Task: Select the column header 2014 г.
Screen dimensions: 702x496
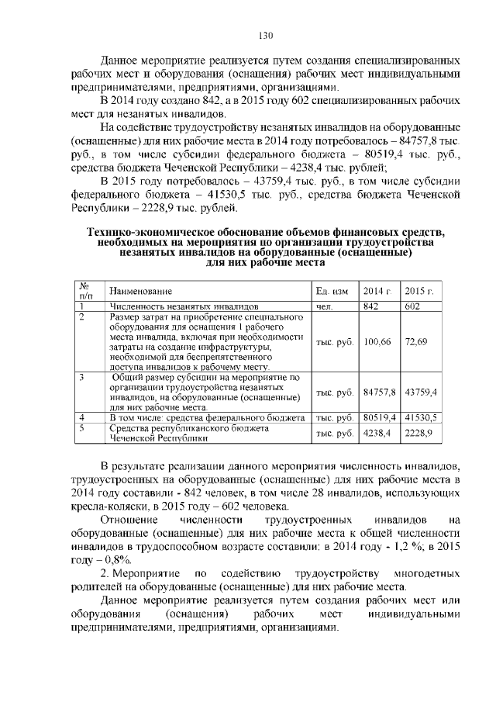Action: [378, 291]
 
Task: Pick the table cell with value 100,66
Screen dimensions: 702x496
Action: [377, 341]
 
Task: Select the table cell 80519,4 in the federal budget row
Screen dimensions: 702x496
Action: [380, 417]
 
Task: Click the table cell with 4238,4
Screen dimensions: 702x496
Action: [377, 432]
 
